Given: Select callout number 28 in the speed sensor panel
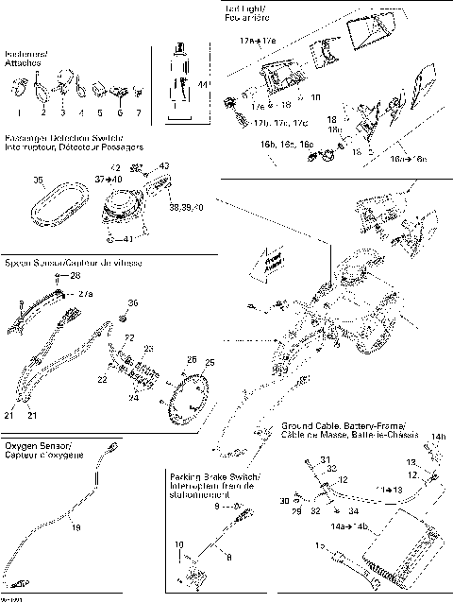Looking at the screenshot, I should tap(75, 275).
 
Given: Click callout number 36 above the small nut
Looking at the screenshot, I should tap(132, 303).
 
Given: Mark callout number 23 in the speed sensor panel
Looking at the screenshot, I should tap(147, 349).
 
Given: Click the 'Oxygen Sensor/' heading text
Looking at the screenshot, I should tap(38, 444).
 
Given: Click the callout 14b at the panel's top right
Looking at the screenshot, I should tap(438, 437).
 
